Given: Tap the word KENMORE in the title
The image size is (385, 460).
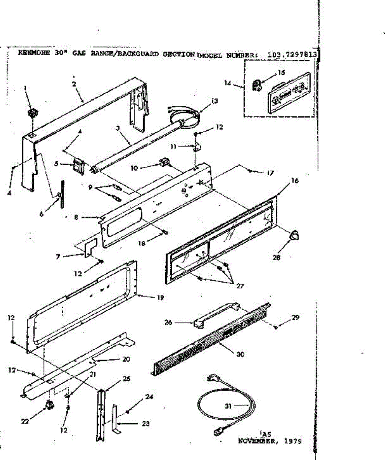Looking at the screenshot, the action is click(31, 53).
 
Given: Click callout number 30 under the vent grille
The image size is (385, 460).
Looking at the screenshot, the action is click(240, 355).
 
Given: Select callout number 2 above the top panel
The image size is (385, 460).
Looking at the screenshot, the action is click(74, 84).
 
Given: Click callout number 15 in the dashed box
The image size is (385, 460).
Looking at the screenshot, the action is click(281, 73).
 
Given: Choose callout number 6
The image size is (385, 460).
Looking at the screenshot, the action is click(41, 210).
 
